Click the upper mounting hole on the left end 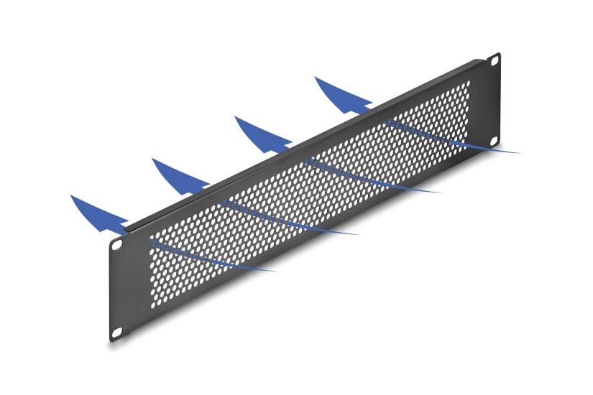pos(116,244)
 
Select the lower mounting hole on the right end pos(493,141)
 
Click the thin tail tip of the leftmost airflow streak pos(275,271)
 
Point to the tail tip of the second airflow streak pos(357,233)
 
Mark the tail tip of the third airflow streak pos(440,192)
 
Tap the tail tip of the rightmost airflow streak pos(520,152)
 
